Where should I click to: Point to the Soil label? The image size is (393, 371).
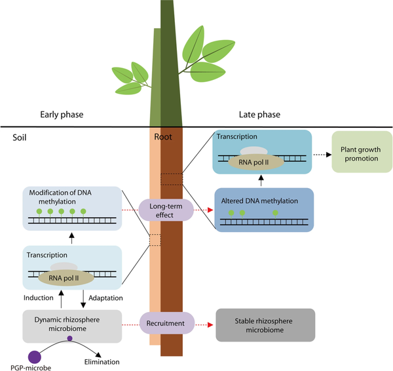point(20,138)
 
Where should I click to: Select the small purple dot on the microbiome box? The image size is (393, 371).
point(70,339)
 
